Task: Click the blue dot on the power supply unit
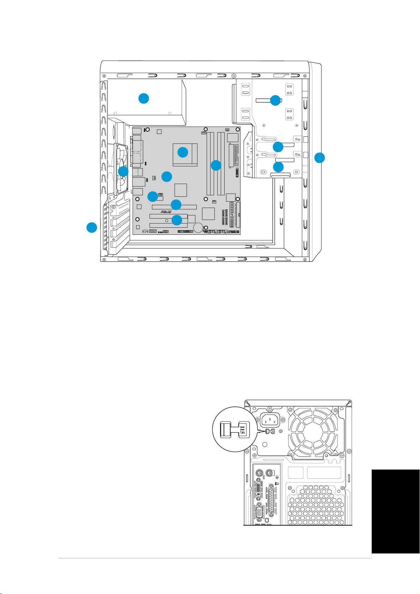coord(144,98)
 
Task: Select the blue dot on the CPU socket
coord(183,152)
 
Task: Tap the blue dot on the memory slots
coord(216,165)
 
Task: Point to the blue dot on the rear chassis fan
coord(123,171)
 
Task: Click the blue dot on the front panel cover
coord(319,158)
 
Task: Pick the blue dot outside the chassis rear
coord(92,227)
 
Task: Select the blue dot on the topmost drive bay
coord(275,100)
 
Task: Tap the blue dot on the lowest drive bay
coord(278,167)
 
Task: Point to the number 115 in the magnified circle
coord(242,429)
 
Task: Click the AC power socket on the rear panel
coord(270,420)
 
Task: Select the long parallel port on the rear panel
coord(272,500)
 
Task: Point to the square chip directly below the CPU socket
coord(181,190)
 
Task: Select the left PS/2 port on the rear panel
coord(259,473)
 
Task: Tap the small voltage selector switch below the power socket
coord(270,431)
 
